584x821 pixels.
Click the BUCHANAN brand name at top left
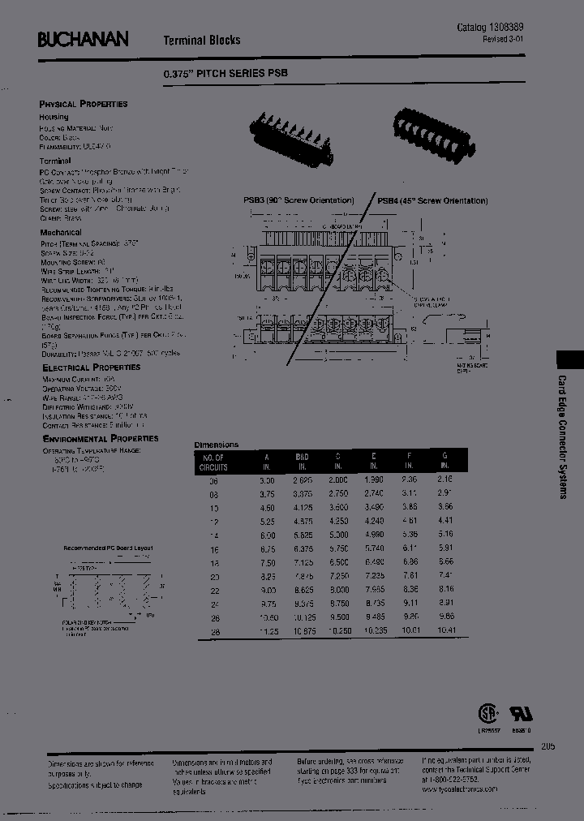pyautogui.click(x=84, y=38)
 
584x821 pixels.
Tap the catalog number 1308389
pyautogui.click(x=509, y=28)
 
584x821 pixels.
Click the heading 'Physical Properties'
pyautogui.click(x=84, y=104)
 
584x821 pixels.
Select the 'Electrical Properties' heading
pyautogui.click(x=91, y=368)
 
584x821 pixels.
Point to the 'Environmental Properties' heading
pyautogui.click(x=100, y=438)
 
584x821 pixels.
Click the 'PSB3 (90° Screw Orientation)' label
pyautogui.click(x=298, y=200)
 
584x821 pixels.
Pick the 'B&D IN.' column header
pyautogui.click(x=303, y=462)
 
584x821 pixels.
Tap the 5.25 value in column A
pyautogui.click(x=267, y=543)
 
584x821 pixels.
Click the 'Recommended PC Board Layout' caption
pyautogui.click(x=109, y=548)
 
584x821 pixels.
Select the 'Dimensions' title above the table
pyautogui.click(x=217, y=445)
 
